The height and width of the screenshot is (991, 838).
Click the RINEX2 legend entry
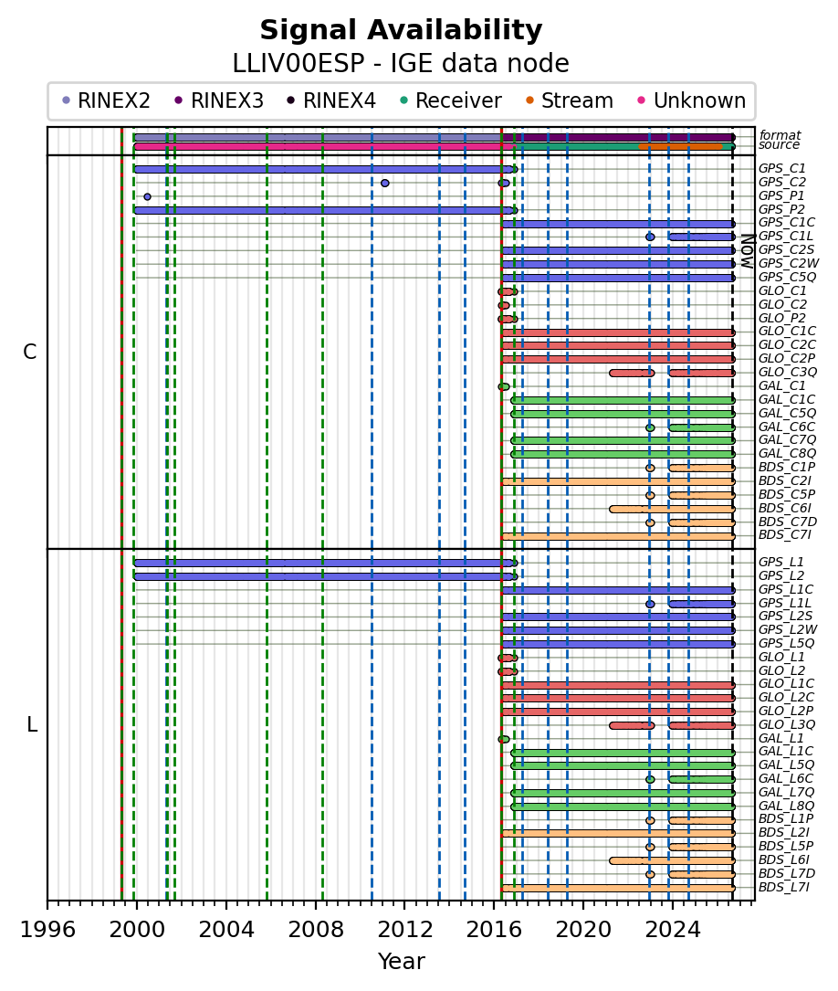[106, 100]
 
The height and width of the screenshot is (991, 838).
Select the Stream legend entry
[569, 100]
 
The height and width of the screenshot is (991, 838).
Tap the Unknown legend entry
[692, 100]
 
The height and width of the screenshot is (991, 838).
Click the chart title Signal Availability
[401, 30]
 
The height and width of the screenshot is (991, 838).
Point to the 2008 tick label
[316, 929]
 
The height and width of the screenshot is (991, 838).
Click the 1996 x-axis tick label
[48, 929]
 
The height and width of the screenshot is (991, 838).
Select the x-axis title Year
[401, 961]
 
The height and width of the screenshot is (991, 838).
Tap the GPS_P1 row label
[781, 196]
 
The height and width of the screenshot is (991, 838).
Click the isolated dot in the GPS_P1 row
[147, 196]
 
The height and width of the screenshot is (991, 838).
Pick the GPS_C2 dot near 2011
[385, 184]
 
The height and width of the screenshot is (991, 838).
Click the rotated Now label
[748, 251]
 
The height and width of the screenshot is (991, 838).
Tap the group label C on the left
[30, 352]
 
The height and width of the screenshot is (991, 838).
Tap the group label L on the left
[32, 724]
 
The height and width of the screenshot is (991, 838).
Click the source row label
[780, 144]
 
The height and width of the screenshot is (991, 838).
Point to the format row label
[780, 134]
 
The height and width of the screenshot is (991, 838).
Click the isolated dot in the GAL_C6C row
[650, 427]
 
